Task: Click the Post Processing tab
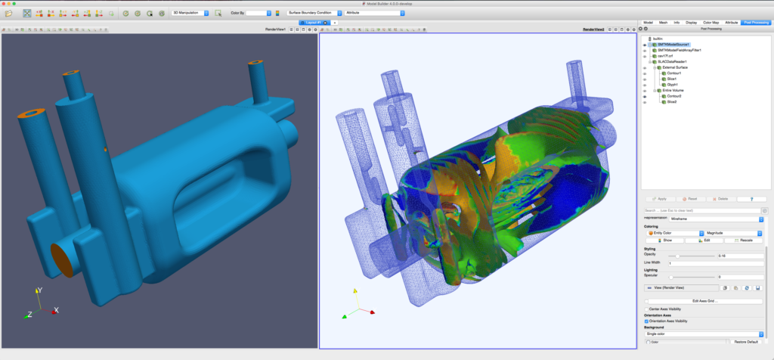756,23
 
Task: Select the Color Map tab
711,23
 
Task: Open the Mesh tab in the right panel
663,23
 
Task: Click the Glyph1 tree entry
671,85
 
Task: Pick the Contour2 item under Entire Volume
674,96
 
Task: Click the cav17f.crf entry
666,56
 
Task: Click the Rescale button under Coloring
743,240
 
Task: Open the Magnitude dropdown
732,232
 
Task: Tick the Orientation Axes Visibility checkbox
646,321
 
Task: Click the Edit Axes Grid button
704,301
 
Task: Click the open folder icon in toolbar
8,13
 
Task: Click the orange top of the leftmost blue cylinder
29,114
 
